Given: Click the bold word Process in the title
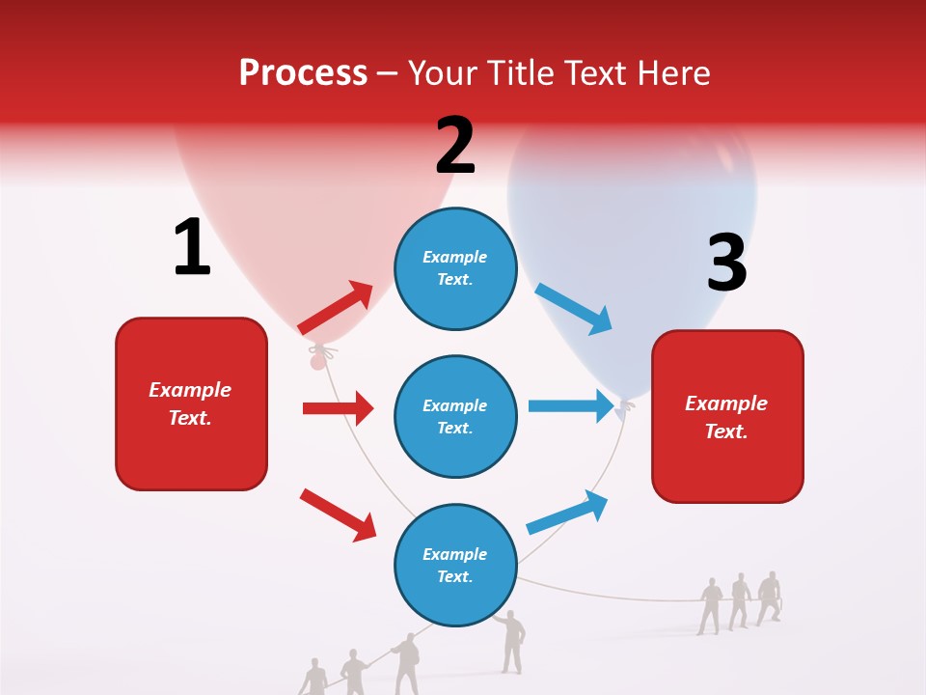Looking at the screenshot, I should click(x=303, y=73).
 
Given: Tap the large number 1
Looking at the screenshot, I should click(x=192, y=247).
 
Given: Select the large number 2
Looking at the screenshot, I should click(x=455, y=146).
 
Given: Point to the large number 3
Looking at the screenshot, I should click(x=726, y=263).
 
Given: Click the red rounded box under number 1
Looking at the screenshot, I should click(x=191, y=403).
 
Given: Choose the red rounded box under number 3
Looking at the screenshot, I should click(x=727, y=416).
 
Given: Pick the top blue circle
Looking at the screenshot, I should click(x=455, y=268).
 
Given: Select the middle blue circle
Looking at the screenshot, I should click(x=455, y=416).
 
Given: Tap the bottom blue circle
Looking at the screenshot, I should click(x=455, y=565).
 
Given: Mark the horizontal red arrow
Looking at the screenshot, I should click(x=338, y=408).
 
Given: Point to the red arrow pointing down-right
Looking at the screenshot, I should click(x=338, y=514).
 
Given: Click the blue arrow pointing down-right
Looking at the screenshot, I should click(x=574, y=309).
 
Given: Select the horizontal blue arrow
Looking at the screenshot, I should click(x=571, y=405).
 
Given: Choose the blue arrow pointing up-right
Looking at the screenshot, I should click(x=567, y=512).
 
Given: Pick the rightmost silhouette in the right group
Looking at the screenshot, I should click(x=769, y=598).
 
